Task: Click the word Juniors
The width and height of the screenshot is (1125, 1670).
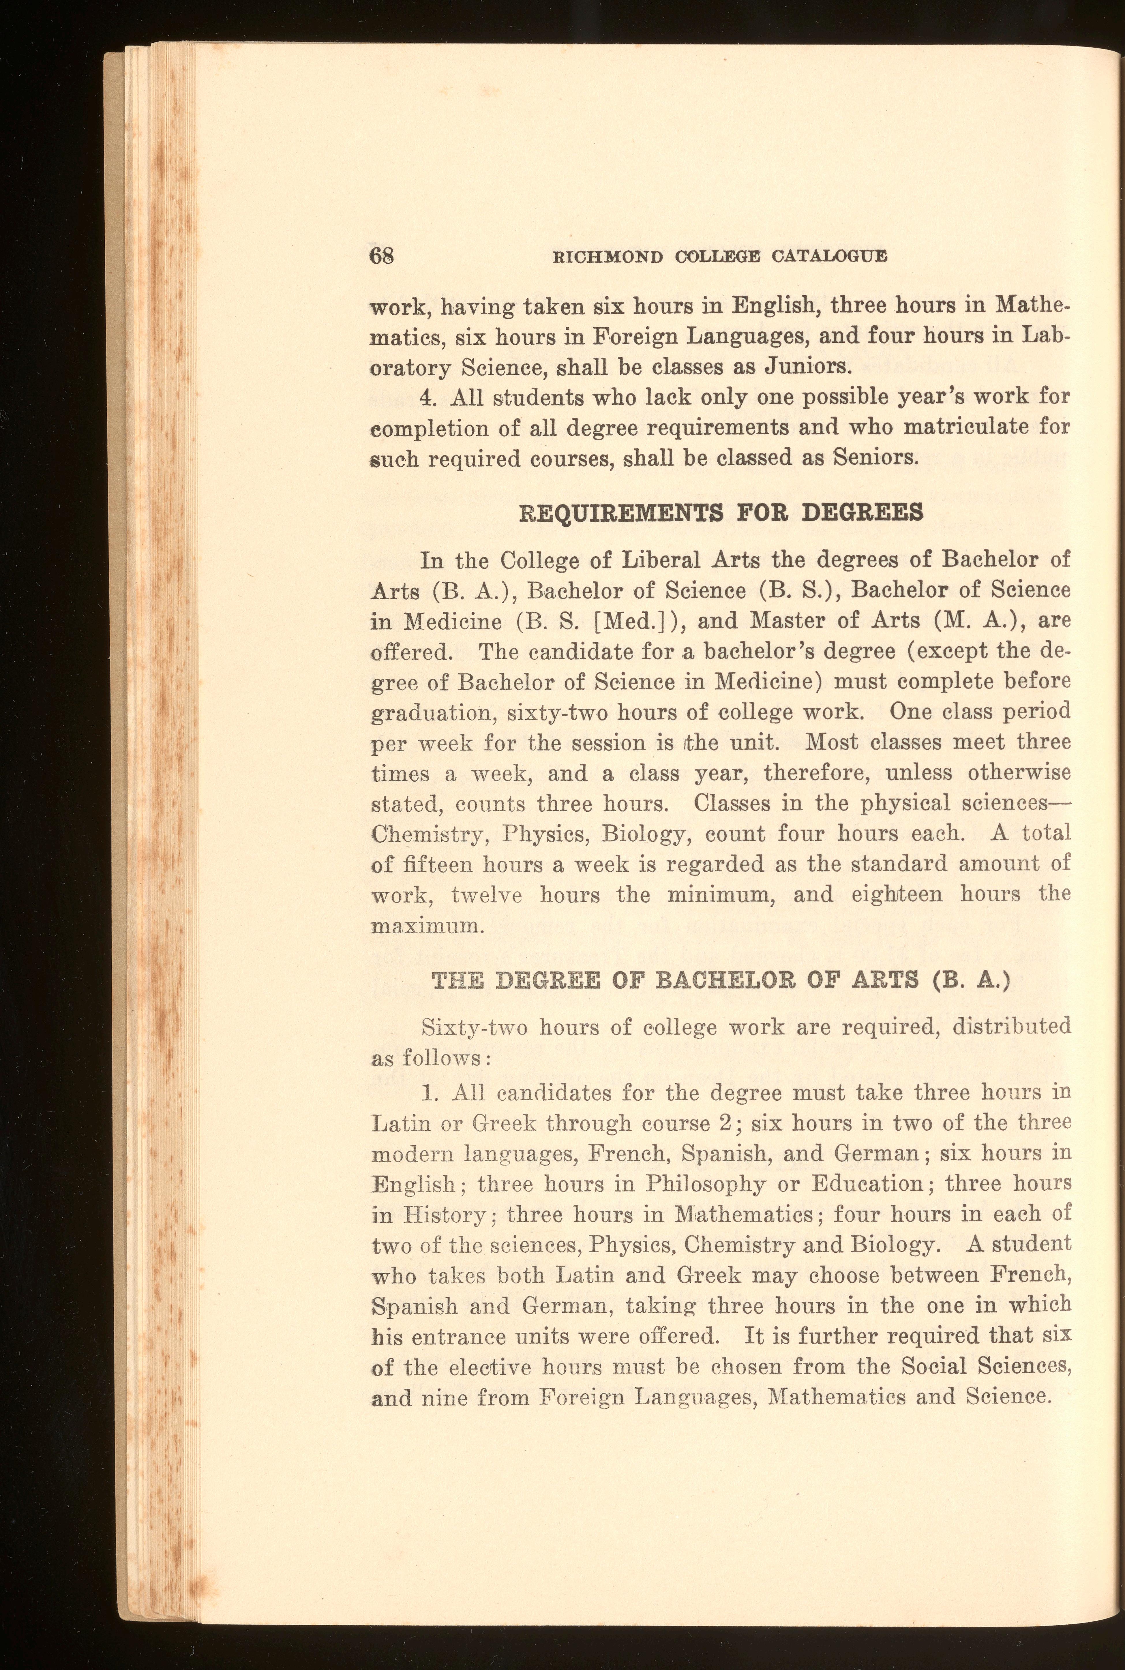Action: (x=809, y=367)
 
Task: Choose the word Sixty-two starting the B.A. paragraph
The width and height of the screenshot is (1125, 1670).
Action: (x=475, y=1027)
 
